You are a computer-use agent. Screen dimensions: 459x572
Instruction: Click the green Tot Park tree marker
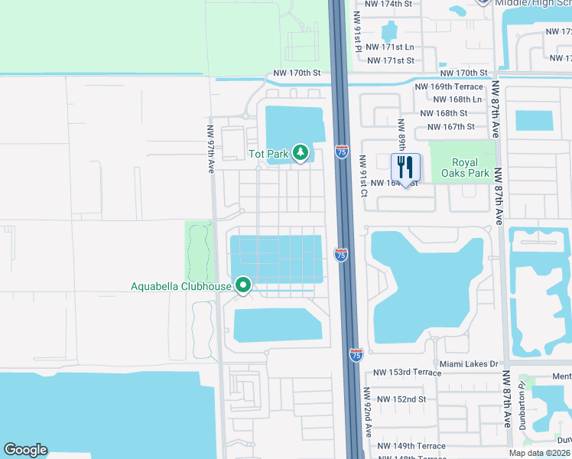[x=301, y=153]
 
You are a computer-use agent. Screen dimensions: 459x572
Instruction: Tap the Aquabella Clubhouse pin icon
[x=243, y=286]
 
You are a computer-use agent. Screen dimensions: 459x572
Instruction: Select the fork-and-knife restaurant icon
[x=405, y=168]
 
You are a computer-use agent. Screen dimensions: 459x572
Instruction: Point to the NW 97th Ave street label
[x=210, y=148]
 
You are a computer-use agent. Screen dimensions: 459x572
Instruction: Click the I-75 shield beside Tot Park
[x=342, y=151]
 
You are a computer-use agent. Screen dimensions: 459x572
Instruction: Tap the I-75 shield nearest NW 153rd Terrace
[x=356, y=354]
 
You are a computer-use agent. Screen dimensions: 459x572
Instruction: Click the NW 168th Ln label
[x=457, y=99]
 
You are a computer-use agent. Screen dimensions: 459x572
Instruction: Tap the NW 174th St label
[x=388, y=4]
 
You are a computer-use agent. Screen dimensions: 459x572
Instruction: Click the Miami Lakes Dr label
[x=468, y=364]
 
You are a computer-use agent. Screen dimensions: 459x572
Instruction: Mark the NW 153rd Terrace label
[x=407, y=373]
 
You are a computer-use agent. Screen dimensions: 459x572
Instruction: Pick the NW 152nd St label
[x=400, y=399]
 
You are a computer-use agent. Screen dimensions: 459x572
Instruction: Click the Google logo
[x=25, y=450]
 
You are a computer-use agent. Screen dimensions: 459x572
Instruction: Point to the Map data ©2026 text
[x=540, y=453]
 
